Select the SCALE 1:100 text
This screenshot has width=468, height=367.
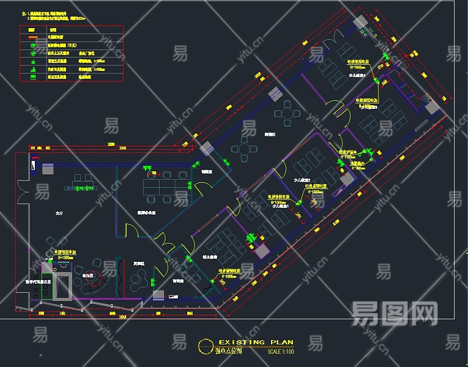coord(281,352)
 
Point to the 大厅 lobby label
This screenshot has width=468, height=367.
coord(59,213)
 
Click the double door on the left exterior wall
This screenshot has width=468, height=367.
coord(20,190)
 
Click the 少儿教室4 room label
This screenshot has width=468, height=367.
coord(357,76)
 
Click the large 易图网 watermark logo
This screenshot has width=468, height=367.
coord(395,313)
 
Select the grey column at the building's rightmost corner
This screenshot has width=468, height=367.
coord(433,107)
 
